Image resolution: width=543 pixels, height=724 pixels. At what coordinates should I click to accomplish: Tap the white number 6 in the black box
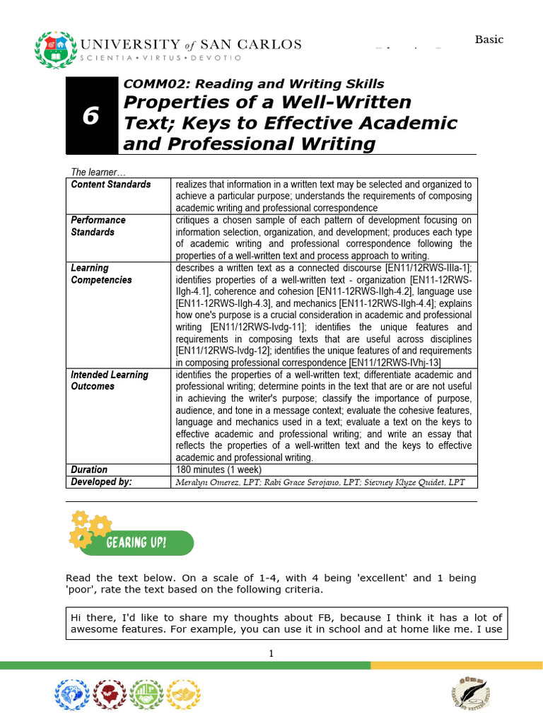point(90,116)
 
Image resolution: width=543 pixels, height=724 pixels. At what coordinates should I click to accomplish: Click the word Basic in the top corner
point(489,40)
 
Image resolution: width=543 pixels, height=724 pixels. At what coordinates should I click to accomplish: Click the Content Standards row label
point(111,185)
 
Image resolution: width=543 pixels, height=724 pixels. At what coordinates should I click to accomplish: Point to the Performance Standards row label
point(98,226)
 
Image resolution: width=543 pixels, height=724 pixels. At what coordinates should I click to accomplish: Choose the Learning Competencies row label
point(101,274)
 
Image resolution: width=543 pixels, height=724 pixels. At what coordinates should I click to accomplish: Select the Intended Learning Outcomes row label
point(110,380)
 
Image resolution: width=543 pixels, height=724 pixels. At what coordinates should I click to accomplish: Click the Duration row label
point(89,469)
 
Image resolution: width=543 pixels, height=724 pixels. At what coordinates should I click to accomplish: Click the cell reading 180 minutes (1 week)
point(218,469)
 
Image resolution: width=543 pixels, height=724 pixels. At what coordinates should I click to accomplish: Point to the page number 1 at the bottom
point(271,653)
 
